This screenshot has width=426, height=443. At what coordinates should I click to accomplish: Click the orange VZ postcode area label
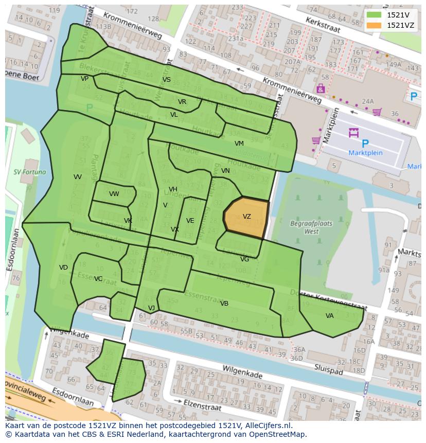(247, 217)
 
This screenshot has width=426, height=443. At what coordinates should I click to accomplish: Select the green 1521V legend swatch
(374, 15)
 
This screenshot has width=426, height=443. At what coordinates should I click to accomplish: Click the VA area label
(329, 316)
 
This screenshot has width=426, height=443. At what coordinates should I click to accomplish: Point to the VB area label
(224, 304)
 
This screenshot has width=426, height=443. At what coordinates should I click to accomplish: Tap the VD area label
(63, 268)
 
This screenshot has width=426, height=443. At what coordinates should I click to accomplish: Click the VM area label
(239, 144)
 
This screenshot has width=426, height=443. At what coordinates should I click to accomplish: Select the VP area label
(84, 79)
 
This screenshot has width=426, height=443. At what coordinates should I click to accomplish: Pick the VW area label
(114, 194)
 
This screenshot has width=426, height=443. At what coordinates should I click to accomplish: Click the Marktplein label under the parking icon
(365, 153)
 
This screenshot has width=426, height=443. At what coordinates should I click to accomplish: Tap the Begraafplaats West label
(311, 227)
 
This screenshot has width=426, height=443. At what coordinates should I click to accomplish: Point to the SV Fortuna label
(30, 172)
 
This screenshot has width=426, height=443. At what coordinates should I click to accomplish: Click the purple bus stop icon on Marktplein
(353, 133)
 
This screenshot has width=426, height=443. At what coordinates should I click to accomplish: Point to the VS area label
(166, 80)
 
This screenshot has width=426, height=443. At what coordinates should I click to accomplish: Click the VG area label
(244, 259)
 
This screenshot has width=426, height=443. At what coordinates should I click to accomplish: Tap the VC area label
(98, 279)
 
